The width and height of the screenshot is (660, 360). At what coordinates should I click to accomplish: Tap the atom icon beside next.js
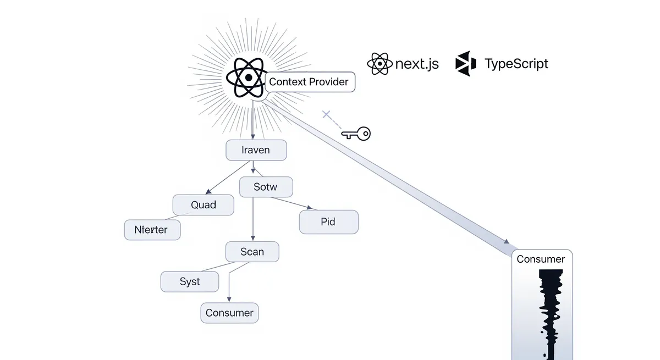pyautogui.click(x=380, y=64)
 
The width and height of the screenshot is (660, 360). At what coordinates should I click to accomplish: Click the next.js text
pyautogui.click(x=417, y=64)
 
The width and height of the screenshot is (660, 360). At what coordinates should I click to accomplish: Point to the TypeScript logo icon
pyautogui.click(x=465, y=64)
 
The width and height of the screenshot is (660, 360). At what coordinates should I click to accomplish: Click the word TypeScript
pyautogui.click(x=516, y=64)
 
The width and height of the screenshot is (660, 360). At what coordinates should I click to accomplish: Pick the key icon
pyautogui.click(x=356, y=133)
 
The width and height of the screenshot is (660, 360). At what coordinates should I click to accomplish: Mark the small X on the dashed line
pyautogui.click(x=326, y=115)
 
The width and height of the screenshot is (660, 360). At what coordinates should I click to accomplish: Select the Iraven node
pyautogui.click(x=256, y=150)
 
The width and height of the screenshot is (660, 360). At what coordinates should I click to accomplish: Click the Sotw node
pyautogui.click(x=266, y=187)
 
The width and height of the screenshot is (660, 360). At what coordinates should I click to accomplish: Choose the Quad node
pyautogui.click(x=204, y=205)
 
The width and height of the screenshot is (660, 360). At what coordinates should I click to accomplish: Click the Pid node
pyautogui.click(x=328, y=222)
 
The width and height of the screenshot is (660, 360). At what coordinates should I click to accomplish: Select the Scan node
pyautogui.click(x=252, y=252)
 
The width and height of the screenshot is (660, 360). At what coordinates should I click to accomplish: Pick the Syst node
pyautogui.click(x=190, y=281)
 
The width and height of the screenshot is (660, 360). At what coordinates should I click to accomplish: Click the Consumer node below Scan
pyautogui.click(x=229, y=313)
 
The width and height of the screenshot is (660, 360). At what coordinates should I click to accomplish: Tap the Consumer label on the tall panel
pyautogui.click(x=541, y=259)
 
